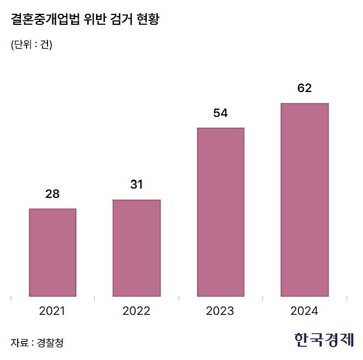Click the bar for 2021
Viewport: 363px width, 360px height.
[x=52, y=252]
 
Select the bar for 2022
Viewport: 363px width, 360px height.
[x=136, y=248]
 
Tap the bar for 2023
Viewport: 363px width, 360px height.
[x=220, y=212]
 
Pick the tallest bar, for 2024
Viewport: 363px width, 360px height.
[x=305, y=200]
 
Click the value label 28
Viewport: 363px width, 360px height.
[x=52, y=194]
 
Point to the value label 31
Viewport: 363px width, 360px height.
[x=136, y=185]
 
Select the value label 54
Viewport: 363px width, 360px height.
[x=220, y=113]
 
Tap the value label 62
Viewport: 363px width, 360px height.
[x=305, y=88]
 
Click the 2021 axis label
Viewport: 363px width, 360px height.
[x=52, y=311]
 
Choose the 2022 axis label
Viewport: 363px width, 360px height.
[x=136, y=311]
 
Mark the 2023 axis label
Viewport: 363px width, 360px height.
[x=220, y=311]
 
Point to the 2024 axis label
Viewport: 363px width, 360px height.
[x=305, y=311]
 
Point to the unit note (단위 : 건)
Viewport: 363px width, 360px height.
[x=31, y=45]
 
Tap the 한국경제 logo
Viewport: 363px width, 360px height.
[x=324, y=340]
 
